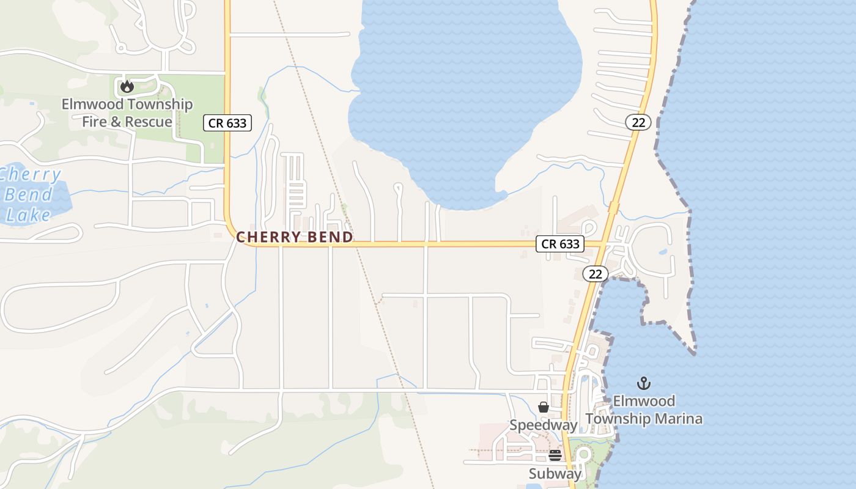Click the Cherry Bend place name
pyautogui.click(x=295, y=237)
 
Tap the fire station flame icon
pyautogui.click(x=127, y=87)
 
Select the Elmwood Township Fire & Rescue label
pyautogui.click(x=127, y=113)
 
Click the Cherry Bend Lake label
pyautogui.click(x=31, y=194)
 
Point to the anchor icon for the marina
pyautogui.click(x=643, y=383)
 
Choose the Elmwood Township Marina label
pyautogui.click(x=644, y=410)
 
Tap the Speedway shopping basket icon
pyautogui.click(x=543, y=407)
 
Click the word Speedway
pyautogui.click(x=544, y=425)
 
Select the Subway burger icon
pyautogui.click(x=555, y=455)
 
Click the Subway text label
pyautogui.click(x=555, y=474)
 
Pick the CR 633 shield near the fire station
pyautogui.click(x=227, y=123)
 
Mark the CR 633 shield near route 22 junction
pyautogui.click(x=560, y=244)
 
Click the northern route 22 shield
pyautogui.click(x=638, y=122)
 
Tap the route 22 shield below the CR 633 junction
pyautogui.click(x=595, y=274)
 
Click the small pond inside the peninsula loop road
pyautogui.click(x=663, y=251)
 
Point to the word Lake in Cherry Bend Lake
pyautogui.click(x=29, y=215)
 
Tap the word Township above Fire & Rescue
pyautogui.click(x=158, y=105)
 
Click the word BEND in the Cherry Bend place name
pyautogui.click(x=331, y=237)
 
